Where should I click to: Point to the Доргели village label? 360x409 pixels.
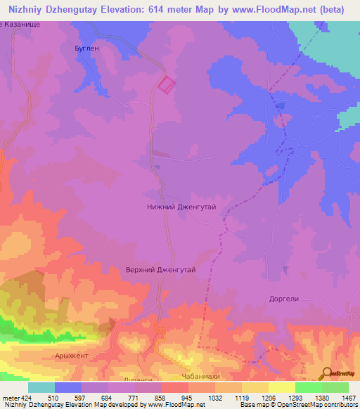[x=285, y=298]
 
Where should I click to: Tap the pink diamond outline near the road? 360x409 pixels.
[x=166, y=85]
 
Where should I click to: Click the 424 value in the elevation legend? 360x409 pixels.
[x=27, y=396]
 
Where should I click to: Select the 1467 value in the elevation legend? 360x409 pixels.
[x=347, y=396]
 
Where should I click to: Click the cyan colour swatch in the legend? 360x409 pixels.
[x=41, y=387]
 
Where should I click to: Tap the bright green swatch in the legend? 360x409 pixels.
[x=308, y=387]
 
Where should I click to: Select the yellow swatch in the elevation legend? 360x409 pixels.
[x=281, y=387]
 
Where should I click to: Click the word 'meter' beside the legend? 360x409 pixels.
[x=10, y=396]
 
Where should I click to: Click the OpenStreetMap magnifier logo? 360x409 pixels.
[x=328, y=372]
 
